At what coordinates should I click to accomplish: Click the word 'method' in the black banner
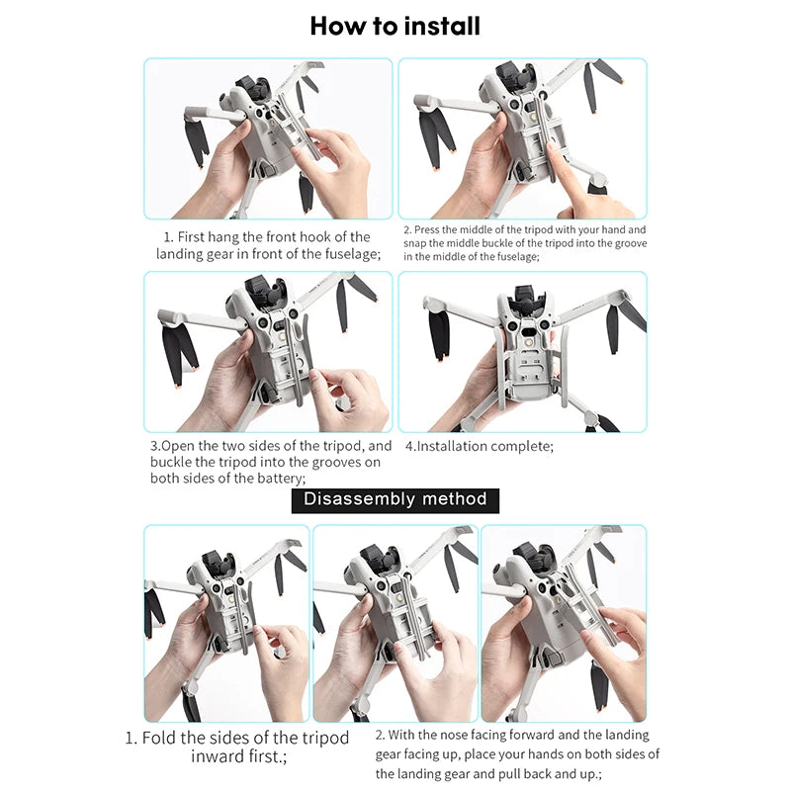[456, 498]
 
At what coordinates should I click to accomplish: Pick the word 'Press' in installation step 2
[431, 229]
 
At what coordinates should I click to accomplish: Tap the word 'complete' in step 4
[524, 446]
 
